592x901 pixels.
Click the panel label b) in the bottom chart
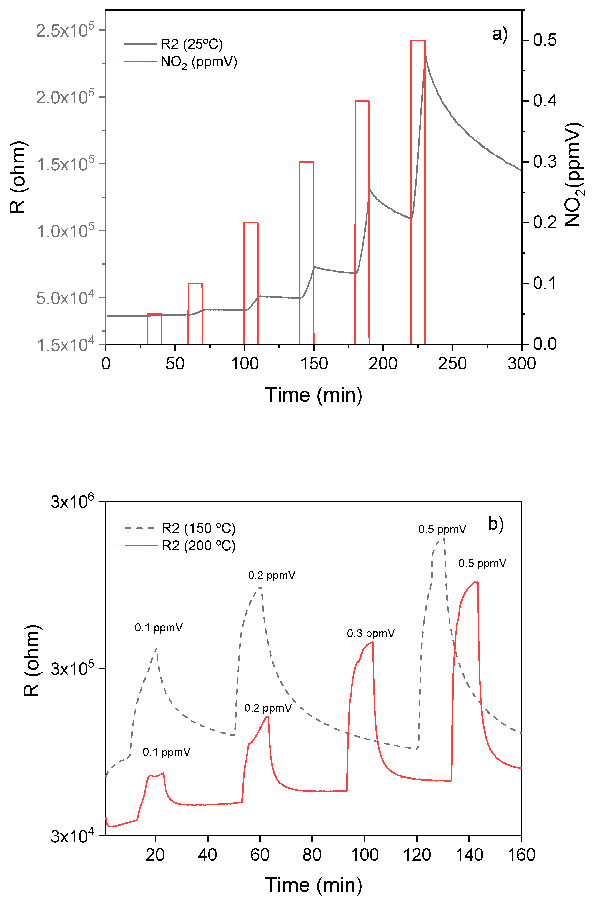tap(496, 524)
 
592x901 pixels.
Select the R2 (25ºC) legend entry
tap(191, 44)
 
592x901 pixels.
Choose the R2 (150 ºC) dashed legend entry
tap(198, 528)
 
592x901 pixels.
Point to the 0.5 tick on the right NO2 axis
tap(545, 40)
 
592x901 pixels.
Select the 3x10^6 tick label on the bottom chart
tap(72, 502)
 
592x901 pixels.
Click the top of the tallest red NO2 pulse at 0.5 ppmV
tap(418, 40)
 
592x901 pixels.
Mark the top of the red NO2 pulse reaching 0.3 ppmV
tap(307, 162)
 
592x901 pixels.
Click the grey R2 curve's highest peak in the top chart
tap(426, 56)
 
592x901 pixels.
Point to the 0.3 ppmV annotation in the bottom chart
tap(371, 633)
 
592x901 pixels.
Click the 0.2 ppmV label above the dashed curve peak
tap(272, 576)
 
